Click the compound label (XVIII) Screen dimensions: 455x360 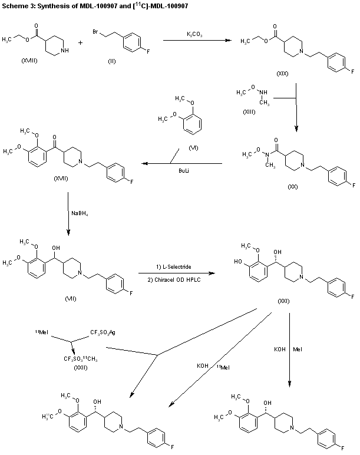29,61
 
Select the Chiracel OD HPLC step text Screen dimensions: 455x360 174,278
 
